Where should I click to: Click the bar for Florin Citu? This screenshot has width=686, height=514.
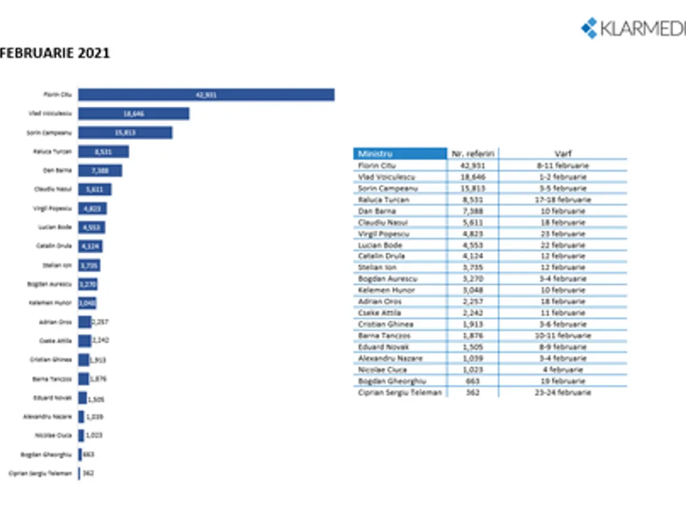pos(206,95)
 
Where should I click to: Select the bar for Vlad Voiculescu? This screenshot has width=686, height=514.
pos(133,114)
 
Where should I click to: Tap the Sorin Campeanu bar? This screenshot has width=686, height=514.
pos(125,132)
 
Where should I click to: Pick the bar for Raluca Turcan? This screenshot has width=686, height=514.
pos(103,151)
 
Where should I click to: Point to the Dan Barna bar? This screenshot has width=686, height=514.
pos(100,170)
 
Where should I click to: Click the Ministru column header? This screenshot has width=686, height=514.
pos(400,154)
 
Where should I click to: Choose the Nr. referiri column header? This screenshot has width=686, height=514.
pos(472,154)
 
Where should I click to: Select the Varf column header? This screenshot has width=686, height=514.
pos(563,154)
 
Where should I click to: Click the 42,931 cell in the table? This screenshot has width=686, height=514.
pos(472,166)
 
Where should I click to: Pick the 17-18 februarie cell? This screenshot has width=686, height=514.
pos(563,200)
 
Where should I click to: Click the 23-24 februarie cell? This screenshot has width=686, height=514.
pos(563,392)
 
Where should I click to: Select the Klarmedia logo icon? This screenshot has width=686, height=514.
pos(589,27)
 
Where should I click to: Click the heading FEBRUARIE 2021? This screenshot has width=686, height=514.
pos(55,53)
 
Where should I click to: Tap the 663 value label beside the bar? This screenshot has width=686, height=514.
pos(89,455)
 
